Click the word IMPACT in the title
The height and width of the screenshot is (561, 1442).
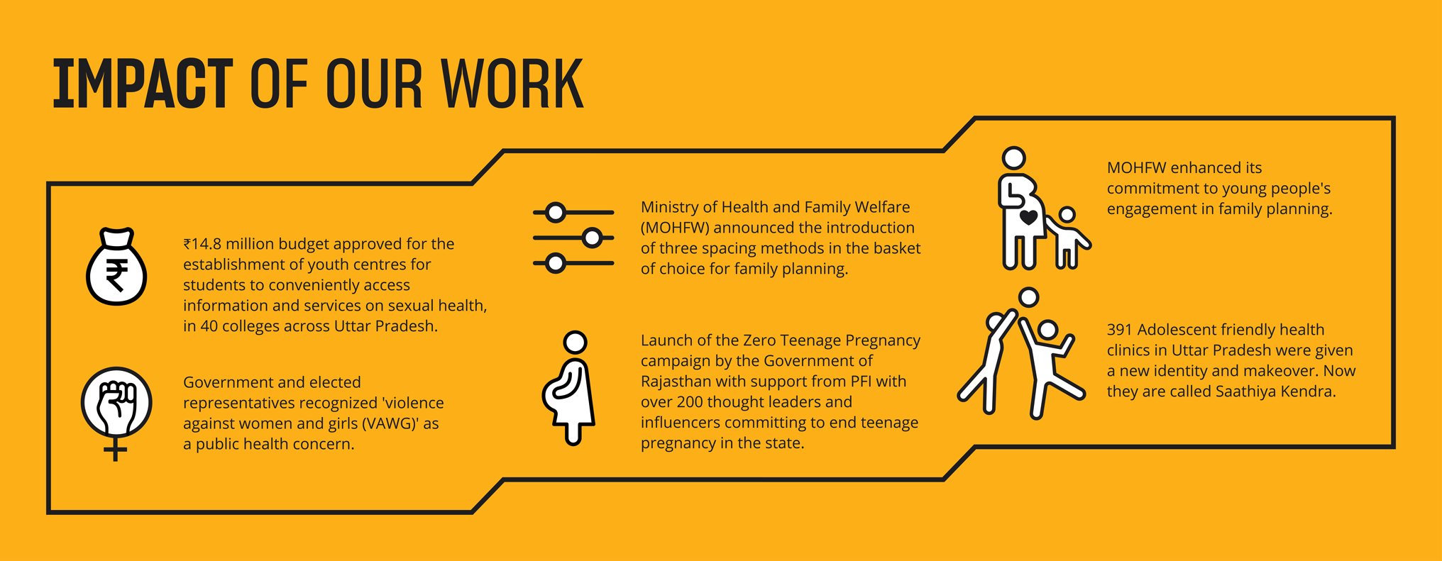point(143,84)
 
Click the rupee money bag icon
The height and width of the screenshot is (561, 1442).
point(116,267)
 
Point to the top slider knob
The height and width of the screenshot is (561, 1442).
point(556,212)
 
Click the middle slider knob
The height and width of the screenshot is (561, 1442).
point(592,238)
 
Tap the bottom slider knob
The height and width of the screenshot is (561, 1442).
point(556,263)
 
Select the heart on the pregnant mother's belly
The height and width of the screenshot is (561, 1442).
point(1028,217)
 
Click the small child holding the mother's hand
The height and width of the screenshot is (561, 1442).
point(1067,238)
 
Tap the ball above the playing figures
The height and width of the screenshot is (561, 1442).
point(1028,296)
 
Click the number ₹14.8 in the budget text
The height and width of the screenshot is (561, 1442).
point(202,244)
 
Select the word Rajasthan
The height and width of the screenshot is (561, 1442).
point(676,382)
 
